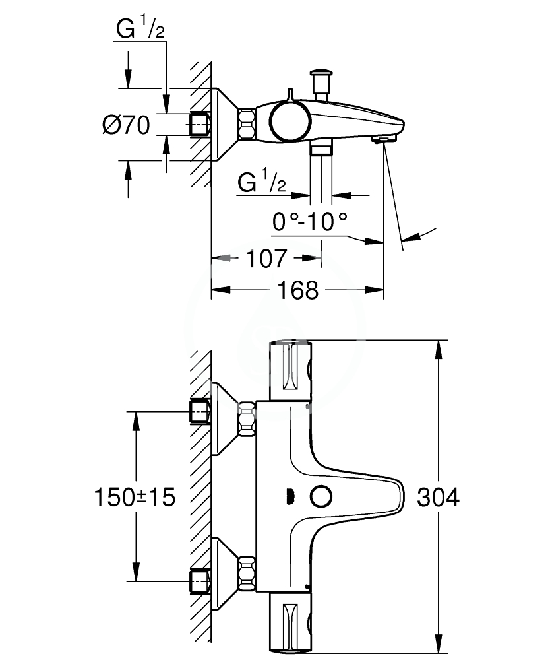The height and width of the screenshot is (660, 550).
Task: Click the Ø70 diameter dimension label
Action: click(x=126, y=125)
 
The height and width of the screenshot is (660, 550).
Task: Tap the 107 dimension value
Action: click(x=266, y=259)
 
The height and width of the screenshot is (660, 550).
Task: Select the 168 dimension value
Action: click(x=297, y=290)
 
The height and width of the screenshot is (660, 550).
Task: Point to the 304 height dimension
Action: click(x=438, y=497)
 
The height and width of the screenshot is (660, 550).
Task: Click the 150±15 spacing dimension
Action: click(x=135, y=497)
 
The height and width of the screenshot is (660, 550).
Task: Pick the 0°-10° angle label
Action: click(x=310, y=221)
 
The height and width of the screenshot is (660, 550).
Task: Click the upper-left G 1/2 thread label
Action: click(x=140, y=30)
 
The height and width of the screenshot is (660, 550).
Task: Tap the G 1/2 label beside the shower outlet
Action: click(x=262, y=181)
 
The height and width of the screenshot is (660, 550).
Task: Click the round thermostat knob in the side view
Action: click(x=290, y=121)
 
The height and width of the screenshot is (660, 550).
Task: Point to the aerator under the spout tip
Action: click(x=383, y=139)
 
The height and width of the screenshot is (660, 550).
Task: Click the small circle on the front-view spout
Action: click(x=321, y=497)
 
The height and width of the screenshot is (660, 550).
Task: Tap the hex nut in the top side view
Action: click(x=247, y=125)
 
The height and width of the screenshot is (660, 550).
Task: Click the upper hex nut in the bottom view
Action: click(x=247, y=419)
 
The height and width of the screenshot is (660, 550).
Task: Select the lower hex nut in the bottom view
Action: click(x=247, y=574)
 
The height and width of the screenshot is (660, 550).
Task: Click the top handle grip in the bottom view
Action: click(x=290, y=366)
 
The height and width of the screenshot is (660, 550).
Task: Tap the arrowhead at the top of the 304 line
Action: click(x=438, y=349)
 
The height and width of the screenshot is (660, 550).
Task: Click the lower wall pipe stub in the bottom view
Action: click(x=200, y=581)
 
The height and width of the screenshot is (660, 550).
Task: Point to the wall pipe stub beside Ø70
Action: click(x=200, y=125)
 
